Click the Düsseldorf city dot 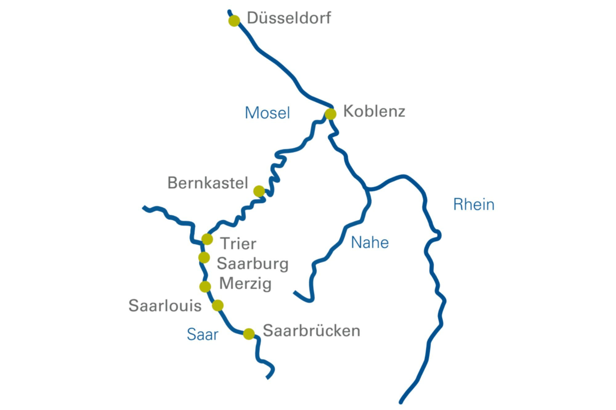(x=234, y=21)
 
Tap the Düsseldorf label (x=289, y=18)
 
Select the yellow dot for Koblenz (x=330, y=114)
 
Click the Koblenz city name (x=374, y=111)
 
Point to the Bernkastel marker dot (x=259, y=191)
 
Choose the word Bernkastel (x=208, y=183)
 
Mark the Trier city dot (x=207, y=239)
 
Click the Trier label (x=238, y=244)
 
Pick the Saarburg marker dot (x=204, y=257)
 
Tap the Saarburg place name (x=253, y=264)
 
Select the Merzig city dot (x=205, y=286)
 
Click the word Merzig (x=245, y=284)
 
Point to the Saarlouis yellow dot (x=218, y=305)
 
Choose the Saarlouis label (x=165, y=306)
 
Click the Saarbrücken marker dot (x=249, y=334)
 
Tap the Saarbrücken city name (x=311, y=331)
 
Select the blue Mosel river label (x=267, y=113)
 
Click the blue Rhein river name (x=474, y=205)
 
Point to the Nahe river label (x=370, y=243)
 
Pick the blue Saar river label (x=202, y=335)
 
